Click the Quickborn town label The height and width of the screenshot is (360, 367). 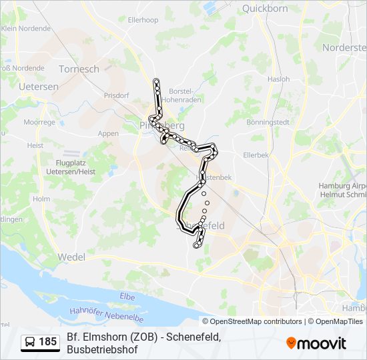tap(265, 9)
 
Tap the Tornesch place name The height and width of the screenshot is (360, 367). tap(79, 69)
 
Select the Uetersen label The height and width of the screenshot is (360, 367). tap(39, 87)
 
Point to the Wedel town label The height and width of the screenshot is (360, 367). tap(71, 257)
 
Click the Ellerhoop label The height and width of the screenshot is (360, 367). tap(143, 20)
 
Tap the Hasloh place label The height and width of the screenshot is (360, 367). tap(278, 79)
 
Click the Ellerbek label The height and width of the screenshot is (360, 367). tap(255, 155)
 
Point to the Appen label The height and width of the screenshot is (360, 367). tap(108, 133)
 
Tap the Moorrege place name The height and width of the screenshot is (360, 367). tap(39, 123)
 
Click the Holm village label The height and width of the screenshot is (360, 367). tap(41, 199)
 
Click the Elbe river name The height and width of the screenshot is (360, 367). tap(127, 295)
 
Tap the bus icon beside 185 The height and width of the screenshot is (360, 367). tap(31, 342)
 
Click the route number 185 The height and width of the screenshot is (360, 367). tap(48, 342)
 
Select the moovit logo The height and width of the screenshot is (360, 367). tap(316, 343)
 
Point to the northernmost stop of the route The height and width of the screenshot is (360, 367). tap(157, 81)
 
